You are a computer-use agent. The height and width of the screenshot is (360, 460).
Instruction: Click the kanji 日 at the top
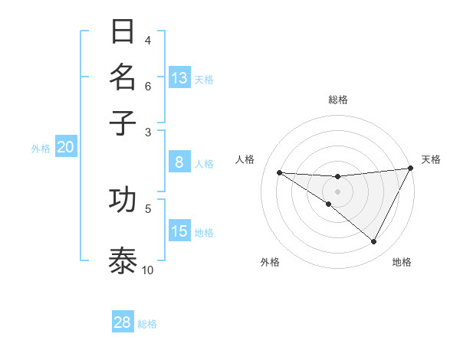(123, 31)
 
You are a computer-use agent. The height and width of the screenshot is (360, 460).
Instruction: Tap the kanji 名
(123, 77)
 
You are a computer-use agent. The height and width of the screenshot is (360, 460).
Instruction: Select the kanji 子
(123, 122)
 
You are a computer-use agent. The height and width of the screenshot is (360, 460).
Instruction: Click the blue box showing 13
(179, 78)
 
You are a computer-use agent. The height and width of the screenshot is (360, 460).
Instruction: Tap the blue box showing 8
(179, 162)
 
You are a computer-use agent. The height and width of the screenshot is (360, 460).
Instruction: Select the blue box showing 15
(179, 231)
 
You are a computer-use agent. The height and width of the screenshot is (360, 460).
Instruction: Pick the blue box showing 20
(65, 148)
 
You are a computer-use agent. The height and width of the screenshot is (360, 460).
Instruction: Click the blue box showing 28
(123, 322)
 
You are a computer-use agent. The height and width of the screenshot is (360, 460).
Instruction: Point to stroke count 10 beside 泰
(148, 270)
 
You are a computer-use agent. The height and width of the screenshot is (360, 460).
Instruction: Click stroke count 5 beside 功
(148, 208)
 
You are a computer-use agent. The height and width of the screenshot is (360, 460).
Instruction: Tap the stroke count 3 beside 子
(148, 132)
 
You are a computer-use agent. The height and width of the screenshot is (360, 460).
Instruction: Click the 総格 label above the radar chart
(337, 100)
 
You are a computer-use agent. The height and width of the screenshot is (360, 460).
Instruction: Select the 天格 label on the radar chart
(431, 159)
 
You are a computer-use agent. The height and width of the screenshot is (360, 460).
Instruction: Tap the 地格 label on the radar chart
(402, 262)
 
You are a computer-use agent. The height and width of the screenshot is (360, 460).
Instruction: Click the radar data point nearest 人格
(279, 172)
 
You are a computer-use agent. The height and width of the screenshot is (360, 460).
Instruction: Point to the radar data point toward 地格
(374, 242)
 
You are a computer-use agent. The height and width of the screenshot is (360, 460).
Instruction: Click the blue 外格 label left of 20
(41, 149)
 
